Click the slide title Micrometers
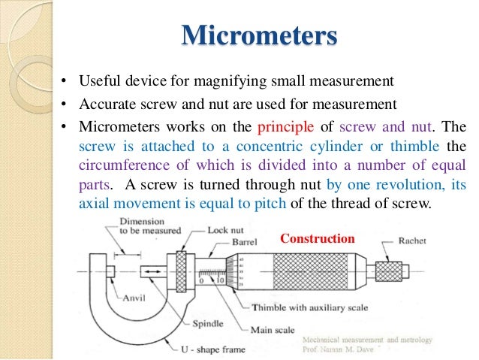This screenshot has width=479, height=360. click(x=259, y=35)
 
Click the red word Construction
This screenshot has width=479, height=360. click(x=317, y=239)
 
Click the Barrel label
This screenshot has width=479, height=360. click(x=245, y=243)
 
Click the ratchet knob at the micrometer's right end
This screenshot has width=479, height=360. click(x=388, y=270)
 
